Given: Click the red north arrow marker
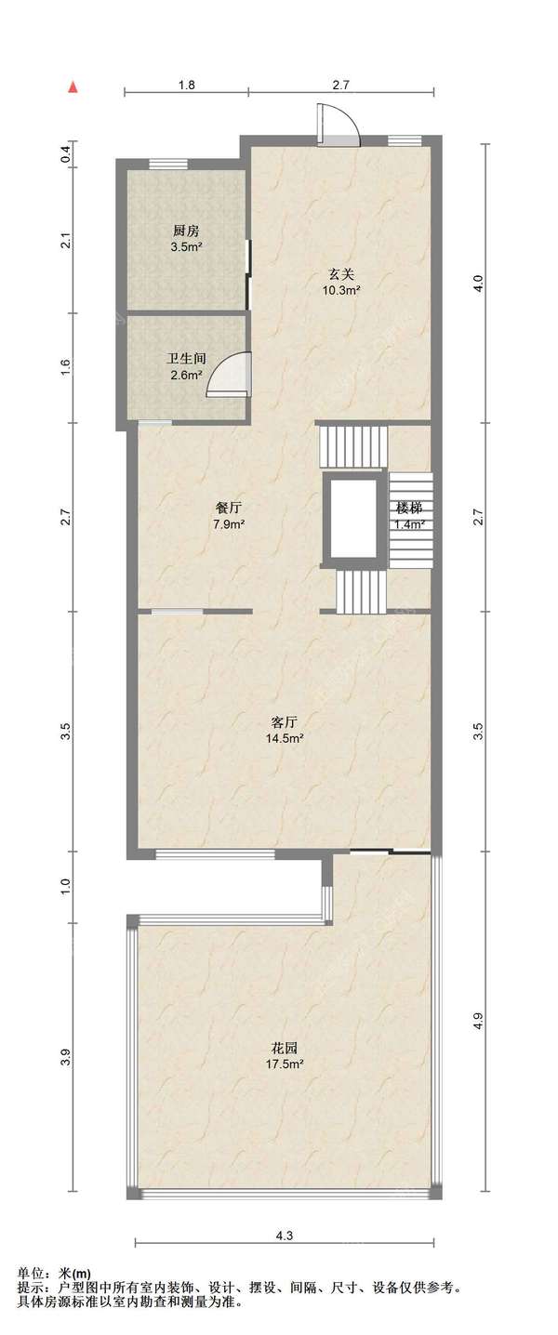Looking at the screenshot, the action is (x=73, y=87).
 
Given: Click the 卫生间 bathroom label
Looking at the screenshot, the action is (x=186, y=359).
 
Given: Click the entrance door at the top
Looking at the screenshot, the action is (x=338, y=126).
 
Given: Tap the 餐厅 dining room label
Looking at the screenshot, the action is (x=229, y=508).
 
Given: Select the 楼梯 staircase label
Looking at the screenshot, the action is (x=410, y=509).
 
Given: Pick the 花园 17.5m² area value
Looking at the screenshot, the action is (x=285, y=1064).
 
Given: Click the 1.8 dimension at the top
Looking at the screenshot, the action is (x=187, y=86).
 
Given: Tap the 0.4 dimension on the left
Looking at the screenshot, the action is (x=66, y=155).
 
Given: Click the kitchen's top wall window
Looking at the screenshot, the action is (x=167, y=164).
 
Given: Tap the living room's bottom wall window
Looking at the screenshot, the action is (x=215, y=854).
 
